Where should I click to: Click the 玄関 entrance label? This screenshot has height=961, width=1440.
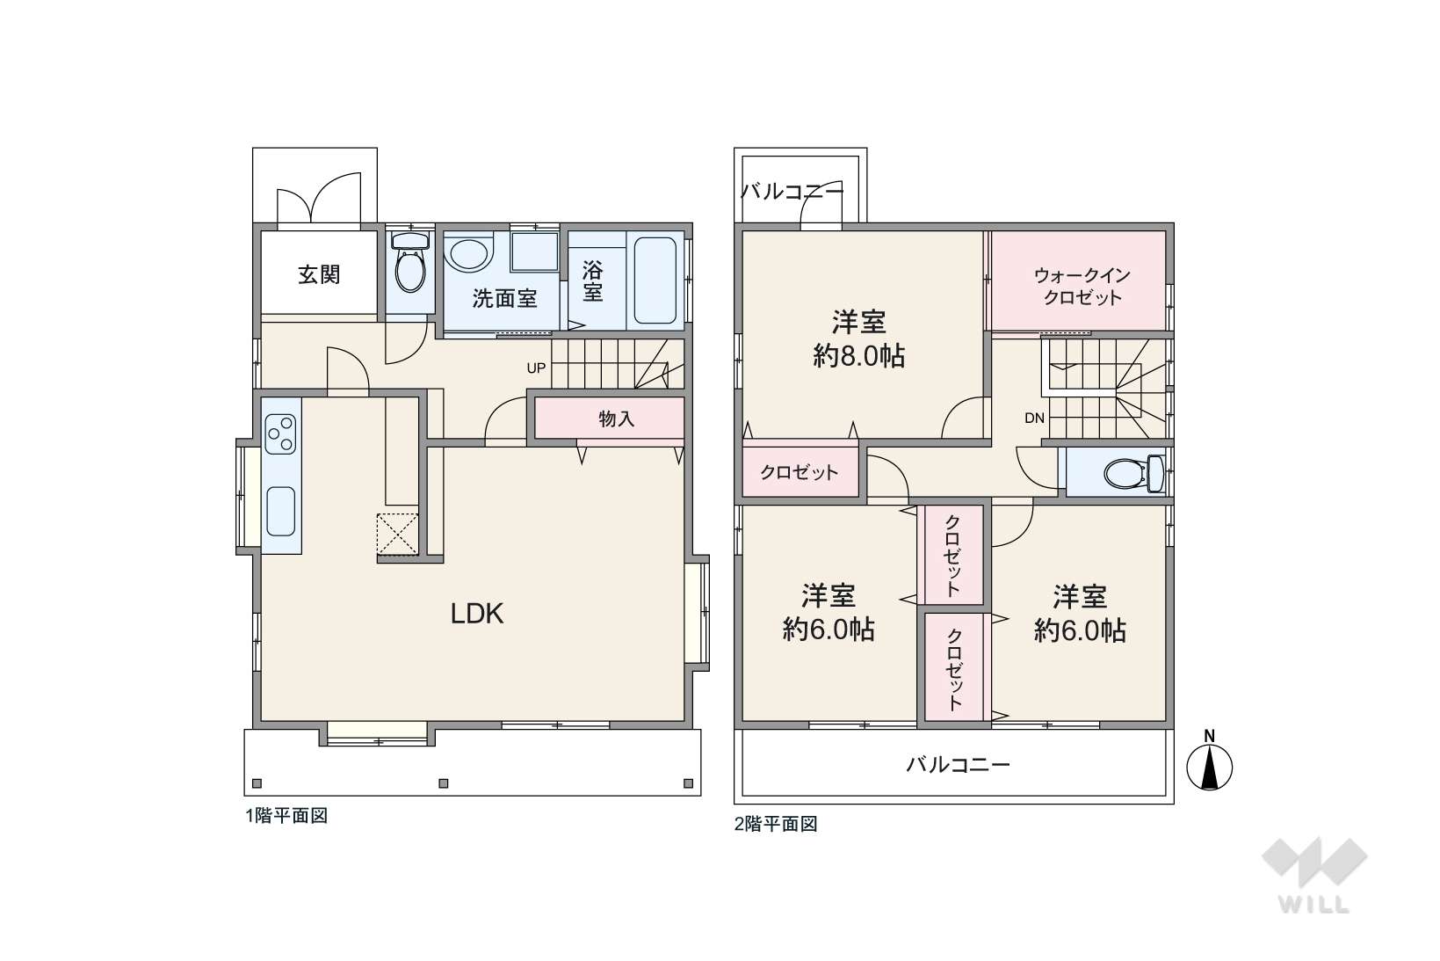click(319, 274)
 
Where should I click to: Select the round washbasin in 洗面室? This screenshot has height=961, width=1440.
click(468, 253)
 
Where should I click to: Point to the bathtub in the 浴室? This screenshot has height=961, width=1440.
click(655, 281)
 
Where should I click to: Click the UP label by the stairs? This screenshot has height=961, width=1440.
click(536, 368)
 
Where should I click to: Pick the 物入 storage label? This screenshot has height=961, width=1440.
click(617, 419)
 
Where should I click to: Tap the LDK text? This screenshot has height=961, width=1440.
click(477, 614)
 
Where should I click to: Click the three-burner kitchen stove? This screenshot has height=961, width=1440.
click(281, 433)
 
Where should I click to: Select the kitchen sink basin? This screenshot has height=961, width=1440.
click(281, 511)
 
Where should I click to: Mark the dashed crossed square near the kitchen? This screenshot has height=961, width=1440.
click(398, 533)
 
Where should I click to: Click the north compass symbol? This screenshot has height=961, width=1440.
click(1209, 762)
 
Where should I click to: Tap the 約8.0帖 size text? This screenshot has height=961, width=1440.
click(859, 356)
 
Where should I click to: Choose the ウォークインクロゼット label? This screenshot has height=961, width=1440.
click(1082, 287)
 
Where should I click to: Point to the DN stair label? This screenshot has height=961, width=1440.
click(1034, 419)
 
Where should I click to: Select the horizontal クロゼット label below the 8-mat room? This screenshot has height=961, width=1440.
click(799, 473)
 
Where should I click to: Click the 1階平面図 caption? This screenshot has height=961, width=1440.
click(286, 816)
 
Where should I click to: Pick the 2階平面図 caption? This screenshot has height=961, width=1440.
click(776, 824)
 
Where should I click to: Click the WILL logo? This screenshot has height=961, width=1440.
click(1314, 875)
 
